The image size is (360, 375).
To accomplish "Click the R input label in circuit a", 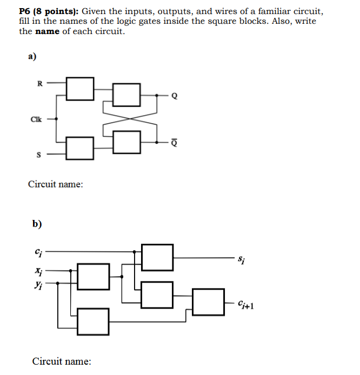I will click(38, 83).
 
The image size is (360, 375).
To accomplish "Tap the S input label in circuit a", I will click(38, 155).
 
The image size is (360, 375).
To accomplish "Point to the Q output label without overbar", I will click(174, 97).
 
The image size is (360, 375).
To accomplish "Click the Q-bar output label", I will click(174, 143).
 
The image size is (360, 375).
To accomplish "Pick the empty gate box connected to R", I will click(80, 88).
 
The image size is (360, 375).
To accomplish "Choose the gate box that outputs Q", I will click(127, 95).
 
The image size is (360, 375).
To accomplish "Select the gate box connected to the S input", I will click(80, 148).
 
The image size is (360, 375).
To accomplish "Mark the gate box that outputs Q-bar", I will click(127, 142).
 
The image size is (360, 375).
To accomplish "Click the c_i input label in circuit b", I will click(37, 251).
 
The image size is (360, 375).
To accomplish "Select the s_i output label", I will click(241, 260).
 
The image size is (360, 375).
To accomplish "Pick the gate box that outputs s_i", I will click(157, 257).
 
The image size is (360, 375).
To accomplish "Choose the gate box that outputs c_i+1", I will click(208, 302).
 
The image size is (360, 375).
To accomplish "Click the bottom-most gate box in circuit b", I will click(94, 321).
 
